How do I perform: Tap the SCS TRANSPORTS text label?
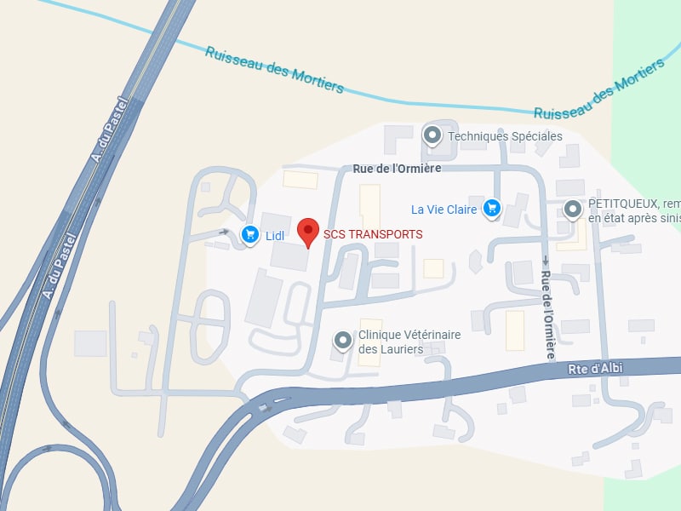point(372,234)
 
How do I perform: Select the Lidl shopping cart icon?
point(250,234)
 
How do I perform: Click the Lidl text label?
point(274,236)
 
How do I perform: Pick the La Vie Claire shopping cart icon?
point(491,209)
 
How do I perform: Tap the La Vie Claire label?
point(444,210)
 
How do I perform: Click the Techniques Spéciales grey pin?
point(432,135)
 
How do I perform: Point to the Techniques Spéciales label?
point(505,136)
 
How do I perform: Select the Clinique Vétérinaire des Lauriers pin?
point(343,341)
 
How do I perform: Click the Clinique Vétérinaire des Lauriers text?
point(409,342)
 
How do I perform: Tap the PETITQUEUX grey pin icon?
point(572,209)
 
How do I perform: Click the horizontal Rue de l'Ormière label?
point(397,169)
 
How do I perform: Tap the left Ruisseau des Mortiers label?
point(274,70)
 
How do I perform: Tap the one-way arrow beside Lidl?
point(224,231)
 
